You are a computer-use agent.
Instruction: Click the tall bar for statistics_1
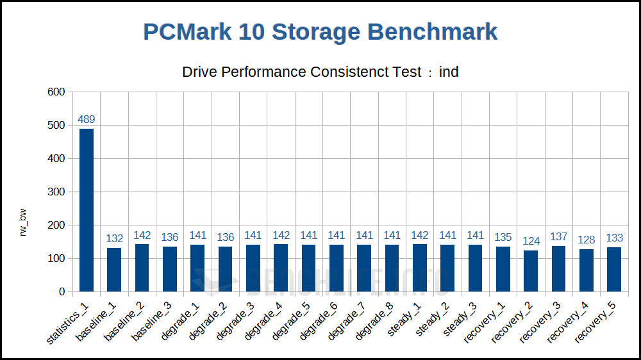click(x=87, y=210)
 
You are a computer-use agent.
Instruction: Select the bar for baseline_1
click(x=114, y=270)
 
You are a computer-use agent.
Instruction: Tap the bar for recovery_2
click(x=531, y=271)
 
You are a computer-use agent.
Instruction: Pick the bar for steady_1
click(x=420, y=268)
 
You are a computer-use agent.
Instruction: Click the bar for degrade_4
click(x=281, y=268)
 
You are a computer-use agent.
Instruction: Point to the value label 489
click(x=87, y=119)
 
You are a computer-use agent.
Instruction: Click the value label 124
click(x=531, y=241)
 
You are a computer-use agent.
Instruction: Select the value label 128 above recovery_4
click(x=587, y=240)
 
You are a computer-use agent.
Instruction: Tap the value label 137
click(x=558, y=237)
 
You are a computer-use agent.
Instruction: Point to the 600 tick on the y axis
click(x=56, y=92)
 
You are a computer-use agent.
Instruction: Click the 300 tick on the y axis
click(x=56, y=192)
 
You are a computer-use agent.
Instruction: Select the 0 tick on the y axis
click(x=62, y=292)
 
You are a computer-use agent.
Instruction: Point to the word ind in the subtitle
click(x=449, y=72)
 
